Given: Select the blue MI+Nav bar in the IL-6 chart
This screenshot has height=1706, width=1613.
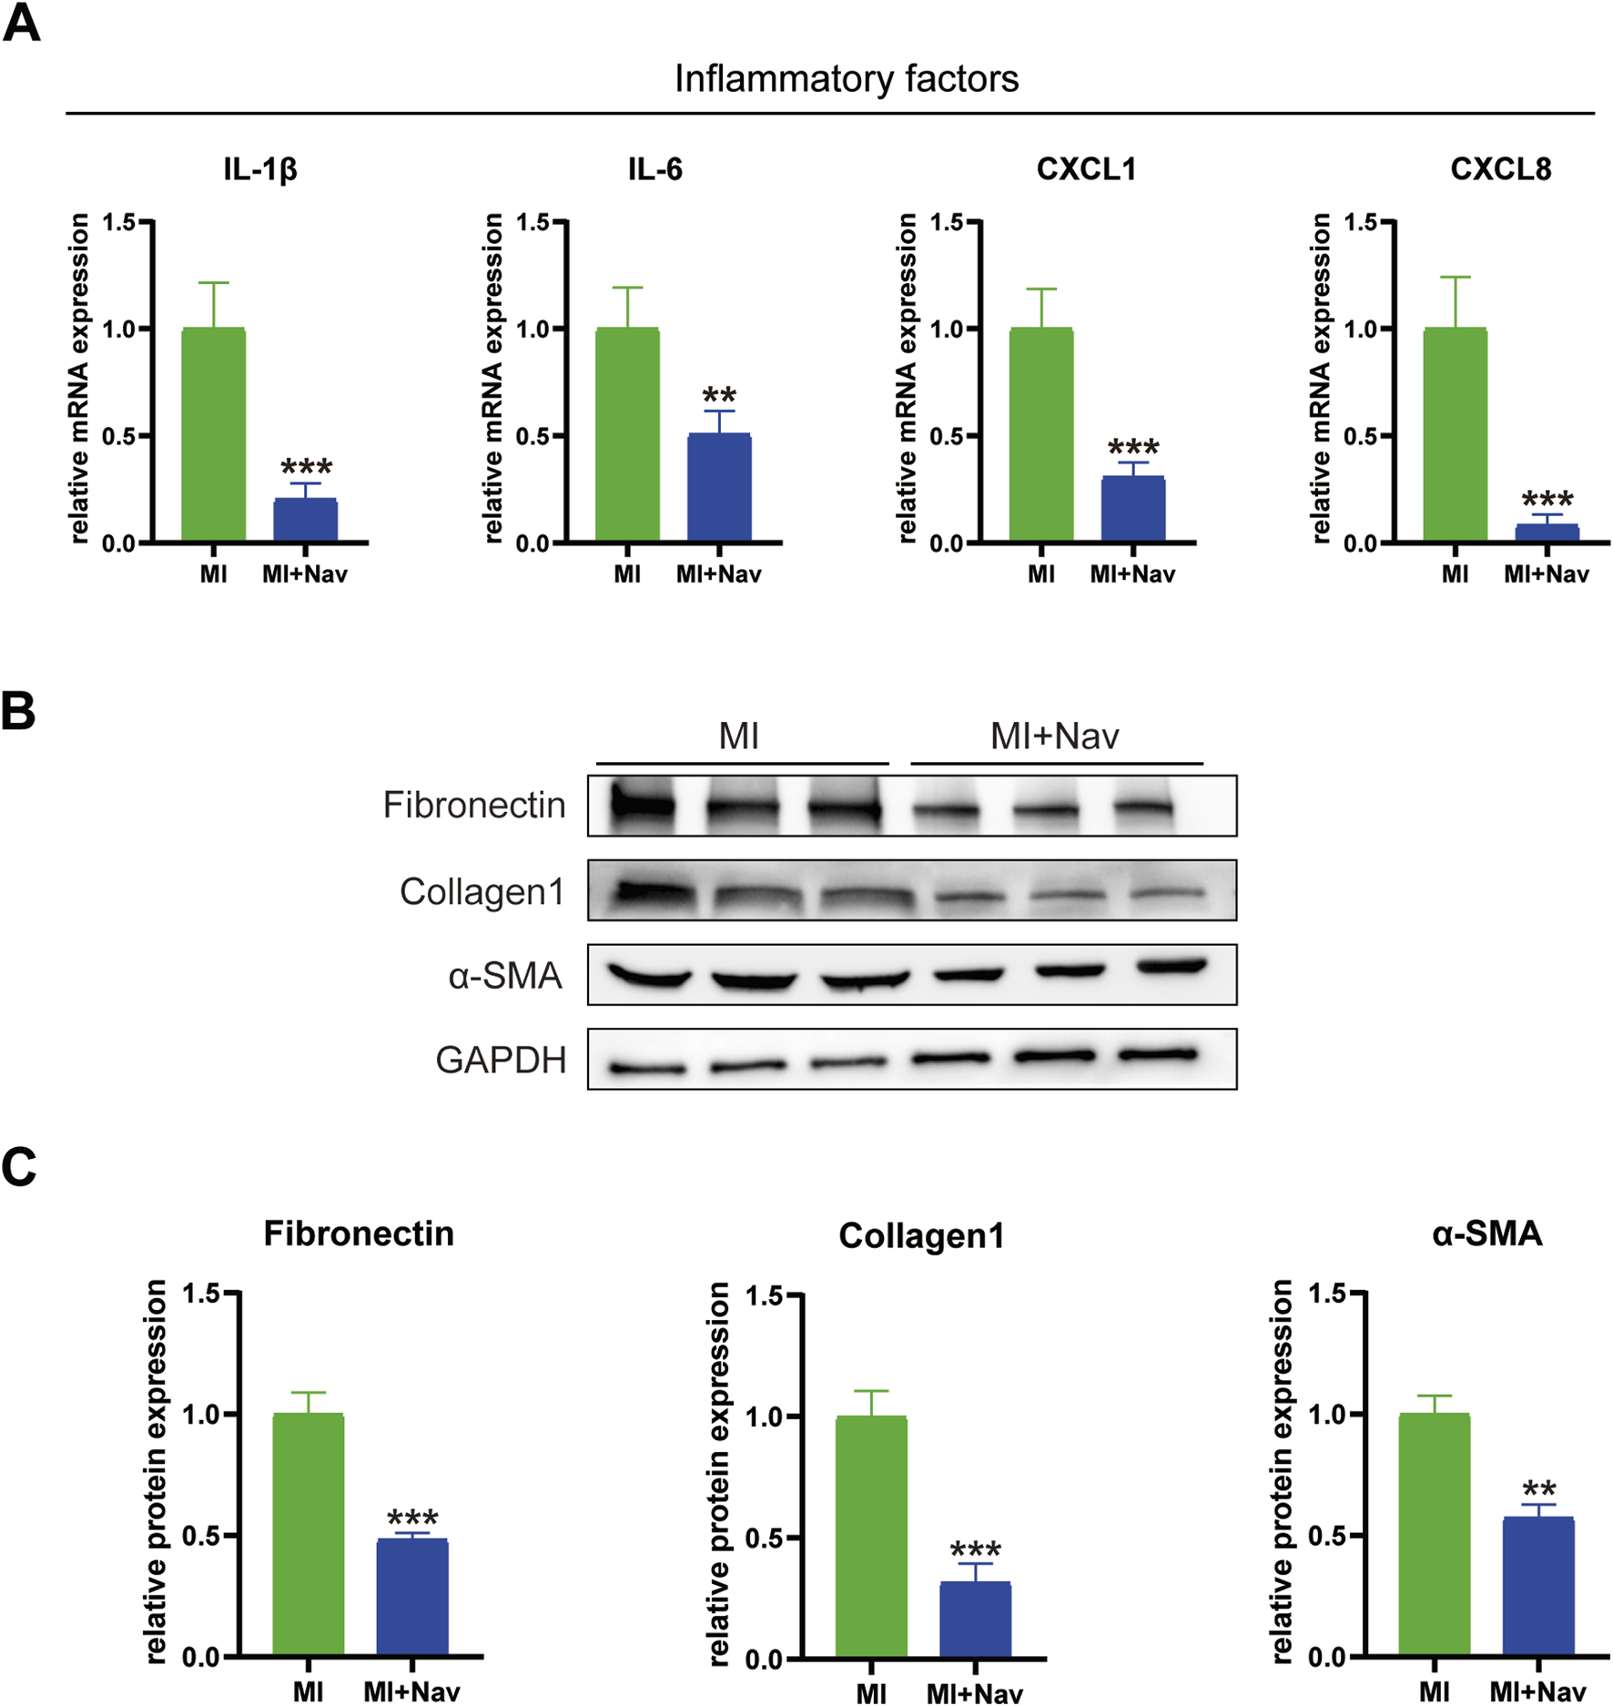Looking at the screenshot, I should pyautogui.click(x=718, y=489).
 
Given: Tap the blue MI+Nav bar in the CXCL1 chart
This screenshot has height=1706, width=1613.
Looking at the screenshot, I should pyautogui.click(x=1132, y=510).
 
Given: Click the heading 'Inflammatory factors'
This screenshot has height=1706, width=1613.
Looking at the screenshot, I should pyautogui.click(x=846, y=79).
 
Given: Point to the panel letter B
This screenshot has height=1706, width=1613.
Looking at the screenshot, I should pyautogui.click(x=18, y=712).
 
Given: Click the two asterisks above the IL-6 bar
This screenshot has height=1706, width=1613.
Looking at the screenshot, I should pyautogui.click(x=719, y=396).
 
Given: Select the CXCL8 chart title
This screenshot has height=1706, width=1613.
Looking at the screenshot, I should pyautogui.click(x=1500, y=169).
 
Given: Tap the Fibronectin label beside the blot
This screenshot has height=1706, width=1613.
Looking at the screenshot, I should pyautogui.click(x=473, y=806).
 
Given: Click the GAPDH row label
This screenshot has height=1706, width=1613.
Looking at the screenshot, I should pyautogui.click(x=501, y=1061).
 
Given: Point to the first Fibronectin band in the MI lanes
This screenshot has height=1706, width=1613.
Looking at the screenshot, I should pyautogui.click(x=644, y=806).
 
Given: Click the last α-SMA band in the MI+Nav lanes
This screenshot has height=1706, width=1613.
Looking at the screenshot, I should pyautogui.click(x=1172, y=968).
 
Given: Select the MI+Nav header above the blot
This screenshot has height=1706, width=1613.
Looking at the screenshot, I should pyautogui.click(x=1054, y=736).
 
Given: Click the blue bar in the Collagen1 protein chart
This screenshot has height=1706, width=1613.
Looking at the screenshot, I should pyautogui.click(x=974, y=1620).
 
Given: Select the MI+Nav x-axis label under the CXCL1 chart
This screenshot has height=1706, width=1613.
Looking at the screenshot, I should pyautogui.click(x=1132, y=574).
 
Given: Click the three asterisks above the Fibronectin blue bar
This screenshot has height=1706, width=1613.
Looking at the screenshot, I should pyautogui.click(x=412, y=1518).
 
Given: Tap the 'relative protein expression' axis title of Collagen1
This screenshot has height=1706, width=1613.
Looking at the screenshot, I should pyautogui.click(x=719, y=1475).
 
